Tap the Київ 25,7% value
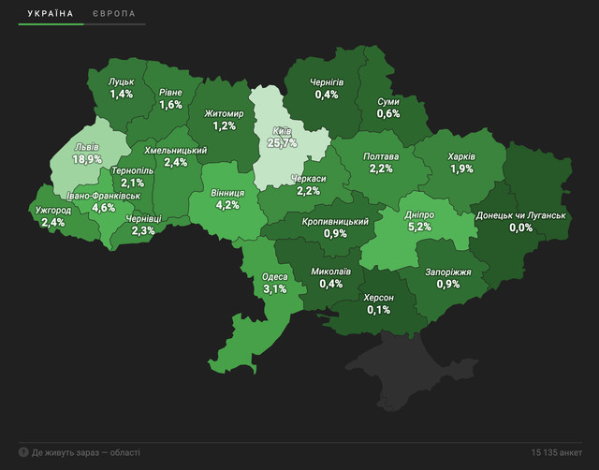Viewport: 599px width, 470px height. (x=282, y=143)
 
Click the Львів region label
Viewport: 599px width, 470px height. (x=87, y=148)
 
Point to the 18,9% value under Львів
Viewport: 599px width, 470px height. (x=87, y=160)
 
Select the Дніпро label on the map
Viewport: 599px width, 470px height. (x=418, y=214)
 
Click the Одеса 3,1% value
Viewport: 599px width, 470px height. (x=275, y=289)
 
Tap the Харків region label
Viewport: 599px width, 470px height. (x=461, y=156)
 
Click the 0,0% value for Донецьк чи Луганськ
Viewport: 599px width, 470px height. (x=520, y=228)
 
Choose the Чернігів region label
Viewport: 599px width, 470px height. (x=327, y=82)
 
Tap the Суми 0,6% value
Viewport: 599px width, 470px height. (x=388, y=113)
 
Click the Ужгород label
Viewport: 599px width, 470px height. (x=52, y=210)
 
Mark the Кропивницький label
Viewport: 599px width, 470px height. (x=335, y=221)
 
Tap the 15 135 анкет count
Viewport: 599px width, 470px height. (x=555, y=452)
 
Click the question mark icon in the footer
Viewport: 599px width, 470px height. (x=22, y=452)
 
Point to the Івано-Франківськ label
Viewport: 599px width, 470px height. (x=104, y=196)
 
